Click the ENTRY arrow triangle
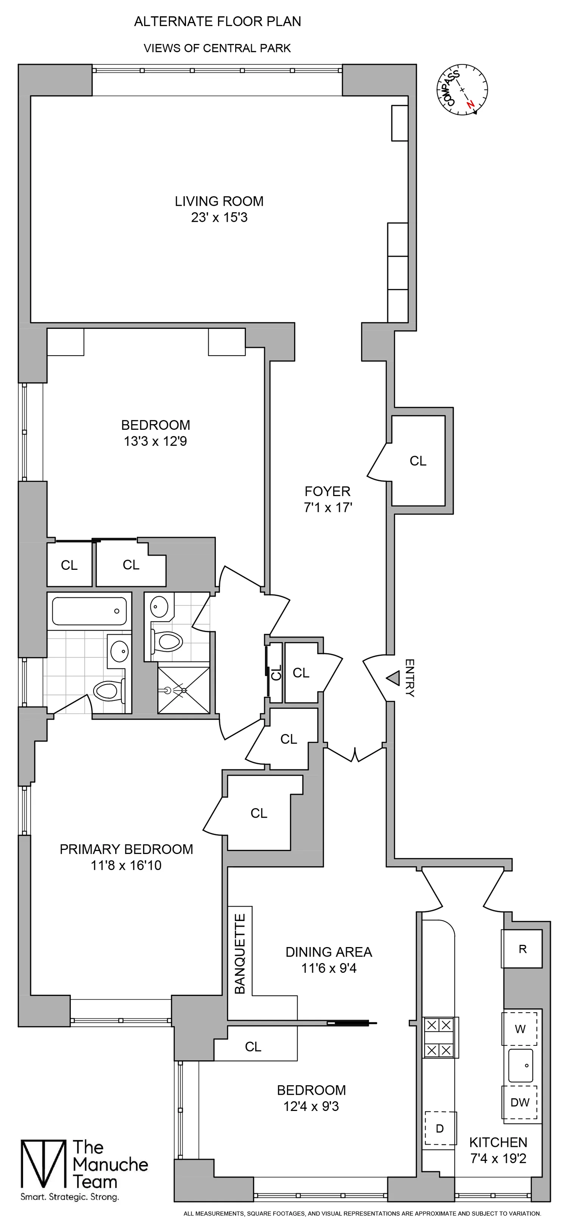[393, 678]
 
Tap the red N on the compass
[471, 104]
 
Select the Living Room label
[219, 201]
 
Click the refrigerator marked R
[522, 949]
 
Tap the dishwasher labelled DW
[520, 1102]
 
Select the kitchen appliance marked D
[440, 1128]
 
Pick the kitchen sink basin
[520, 1066]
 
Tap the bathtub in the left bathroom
[89, 611]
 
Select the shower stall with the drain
[183, 690]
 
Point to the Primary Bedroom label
[126, 849]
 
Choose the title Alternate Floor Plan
[217, 22]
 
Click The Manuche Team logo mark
[43, 1164]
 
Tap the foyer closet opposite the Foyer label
[418, 461]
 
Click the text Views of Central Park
[217, 48]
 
